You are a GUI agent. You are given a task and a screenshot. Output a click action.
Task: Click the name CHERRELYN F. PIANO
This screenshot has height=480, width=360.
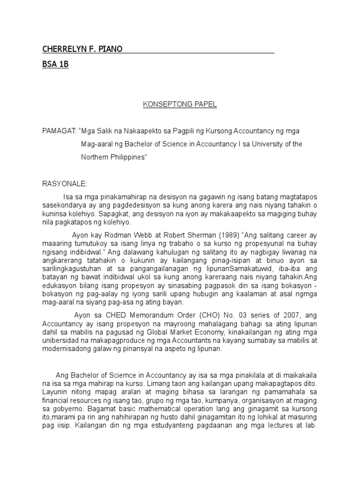pos(82,49)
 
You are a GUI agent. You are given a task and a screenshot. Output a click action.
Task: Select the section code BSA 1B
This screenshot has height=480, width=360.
pos(55,65)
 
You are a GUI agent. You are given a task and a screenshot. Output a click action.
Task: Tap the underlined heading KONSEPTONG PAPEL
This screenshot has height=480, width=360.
pos(180,105)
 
